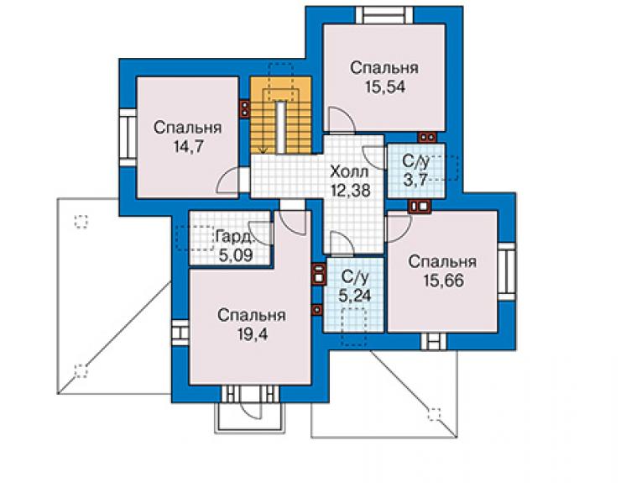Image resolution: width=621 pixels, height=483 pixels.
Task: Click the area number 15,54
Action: (x=385, y=87)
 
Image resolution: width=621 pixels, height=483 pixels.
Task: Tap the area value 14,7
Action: (x=189, y=147)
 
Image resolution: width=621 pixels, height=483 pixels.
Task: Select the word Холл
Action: (x=349, y=172)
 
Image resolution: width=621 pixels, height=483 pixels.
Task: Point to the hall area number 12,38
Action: (x=351, y=191)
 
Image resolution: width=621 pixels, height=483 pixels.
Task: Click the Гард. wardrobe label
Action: (x=234, y=237)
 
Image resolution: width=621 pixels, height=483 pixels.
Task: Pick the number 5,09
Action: (x=236, y=255)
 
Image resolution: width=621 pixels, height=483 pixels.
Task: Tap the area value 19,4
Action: (x=253, y=334)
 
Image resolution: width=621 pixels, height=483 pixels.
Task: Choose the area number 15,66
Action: (x=443, y=281)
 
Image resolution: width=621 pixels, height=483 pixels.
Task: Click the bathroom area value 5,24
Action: (x=355, y=296)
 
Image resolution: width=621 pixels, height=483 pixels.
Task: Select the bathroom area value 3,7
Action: (x=415, y=180)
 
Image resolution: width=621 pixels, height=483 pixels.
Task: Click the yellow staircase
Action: (x=281, y=115)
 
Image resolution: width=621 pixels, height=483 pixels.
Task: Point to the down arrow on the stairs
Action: (x=263, y=150)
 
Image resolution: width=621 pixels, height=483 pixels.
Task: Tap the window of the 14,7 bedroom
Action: (x=128, y=138)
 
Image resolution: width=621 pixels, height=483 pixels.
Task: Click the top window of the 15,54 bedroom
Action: (x=384, y=14)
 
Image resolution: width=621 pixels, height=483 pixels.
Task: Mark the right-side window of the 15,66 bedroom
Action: (x=506, y=271)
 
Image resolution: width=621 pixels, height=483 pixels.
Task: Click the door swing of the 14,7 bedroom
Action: (x=227, y=181)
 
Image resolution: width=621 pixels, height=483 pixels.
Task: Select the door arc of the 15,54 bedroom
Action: (x=341, y=118)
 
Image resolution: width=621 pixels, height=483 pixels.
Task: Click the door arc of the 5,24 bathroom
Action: (x=342, y=243)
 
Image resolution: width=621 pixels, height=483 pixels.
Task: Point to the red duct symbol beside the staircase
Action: (x=245, y=108)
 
